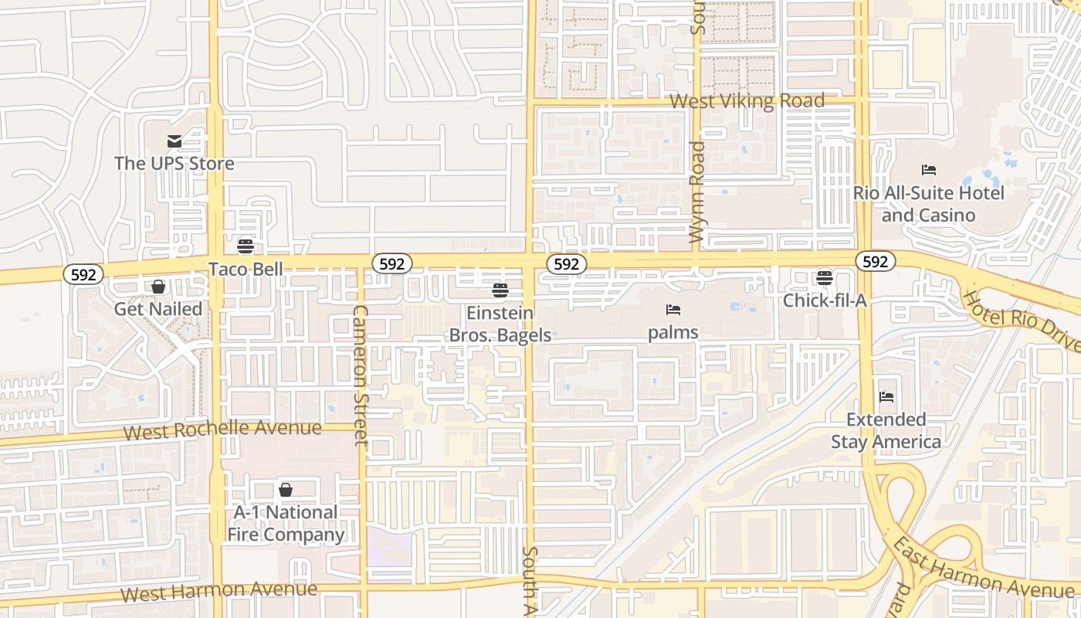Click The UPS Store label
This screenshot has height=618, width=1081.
[x=174, y=163]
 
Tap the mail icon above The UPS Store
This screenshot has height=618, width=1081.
[x=174, y=141]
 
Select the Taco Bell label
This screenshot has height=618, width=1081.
[x=246, y=269]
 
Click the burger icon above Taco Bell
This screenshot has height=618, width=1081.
[x=246, y=246]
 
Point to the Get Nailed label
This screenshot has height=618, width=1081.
[x=158, y=309]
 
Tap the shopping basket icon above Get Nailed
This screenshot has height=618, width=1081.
[x=158, y=287]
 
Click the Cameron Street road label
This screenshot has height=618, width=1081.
[x=360, y=375]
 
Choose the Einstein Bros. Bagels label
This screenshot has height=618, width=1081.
[x=500, y=324]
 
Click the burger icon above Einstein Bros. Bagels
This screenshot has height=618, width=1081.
[x=500, y=290]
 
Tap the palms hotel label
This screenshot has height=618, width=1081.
[x=673, y=332]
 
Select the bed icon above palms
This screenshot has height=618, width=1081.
[x=673, y=310]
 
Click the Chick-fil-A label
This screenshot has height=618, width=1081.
[x=825, y=300]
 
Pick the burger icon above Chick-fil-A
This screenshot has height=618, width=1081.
[x=825, y=277]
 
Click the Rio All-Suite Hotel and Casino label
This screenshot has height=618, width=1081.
[x=928, y=204]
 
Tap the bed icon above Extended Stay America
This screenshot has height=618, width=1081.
[x=886, y=397]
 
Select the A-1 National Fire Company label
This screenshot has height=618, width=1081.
[x=286, y=523]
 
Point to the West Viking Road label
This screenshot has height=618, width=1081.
[x=747, y=101]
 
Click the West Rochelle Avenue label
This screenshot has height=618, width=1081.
[x=222, y=430]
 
